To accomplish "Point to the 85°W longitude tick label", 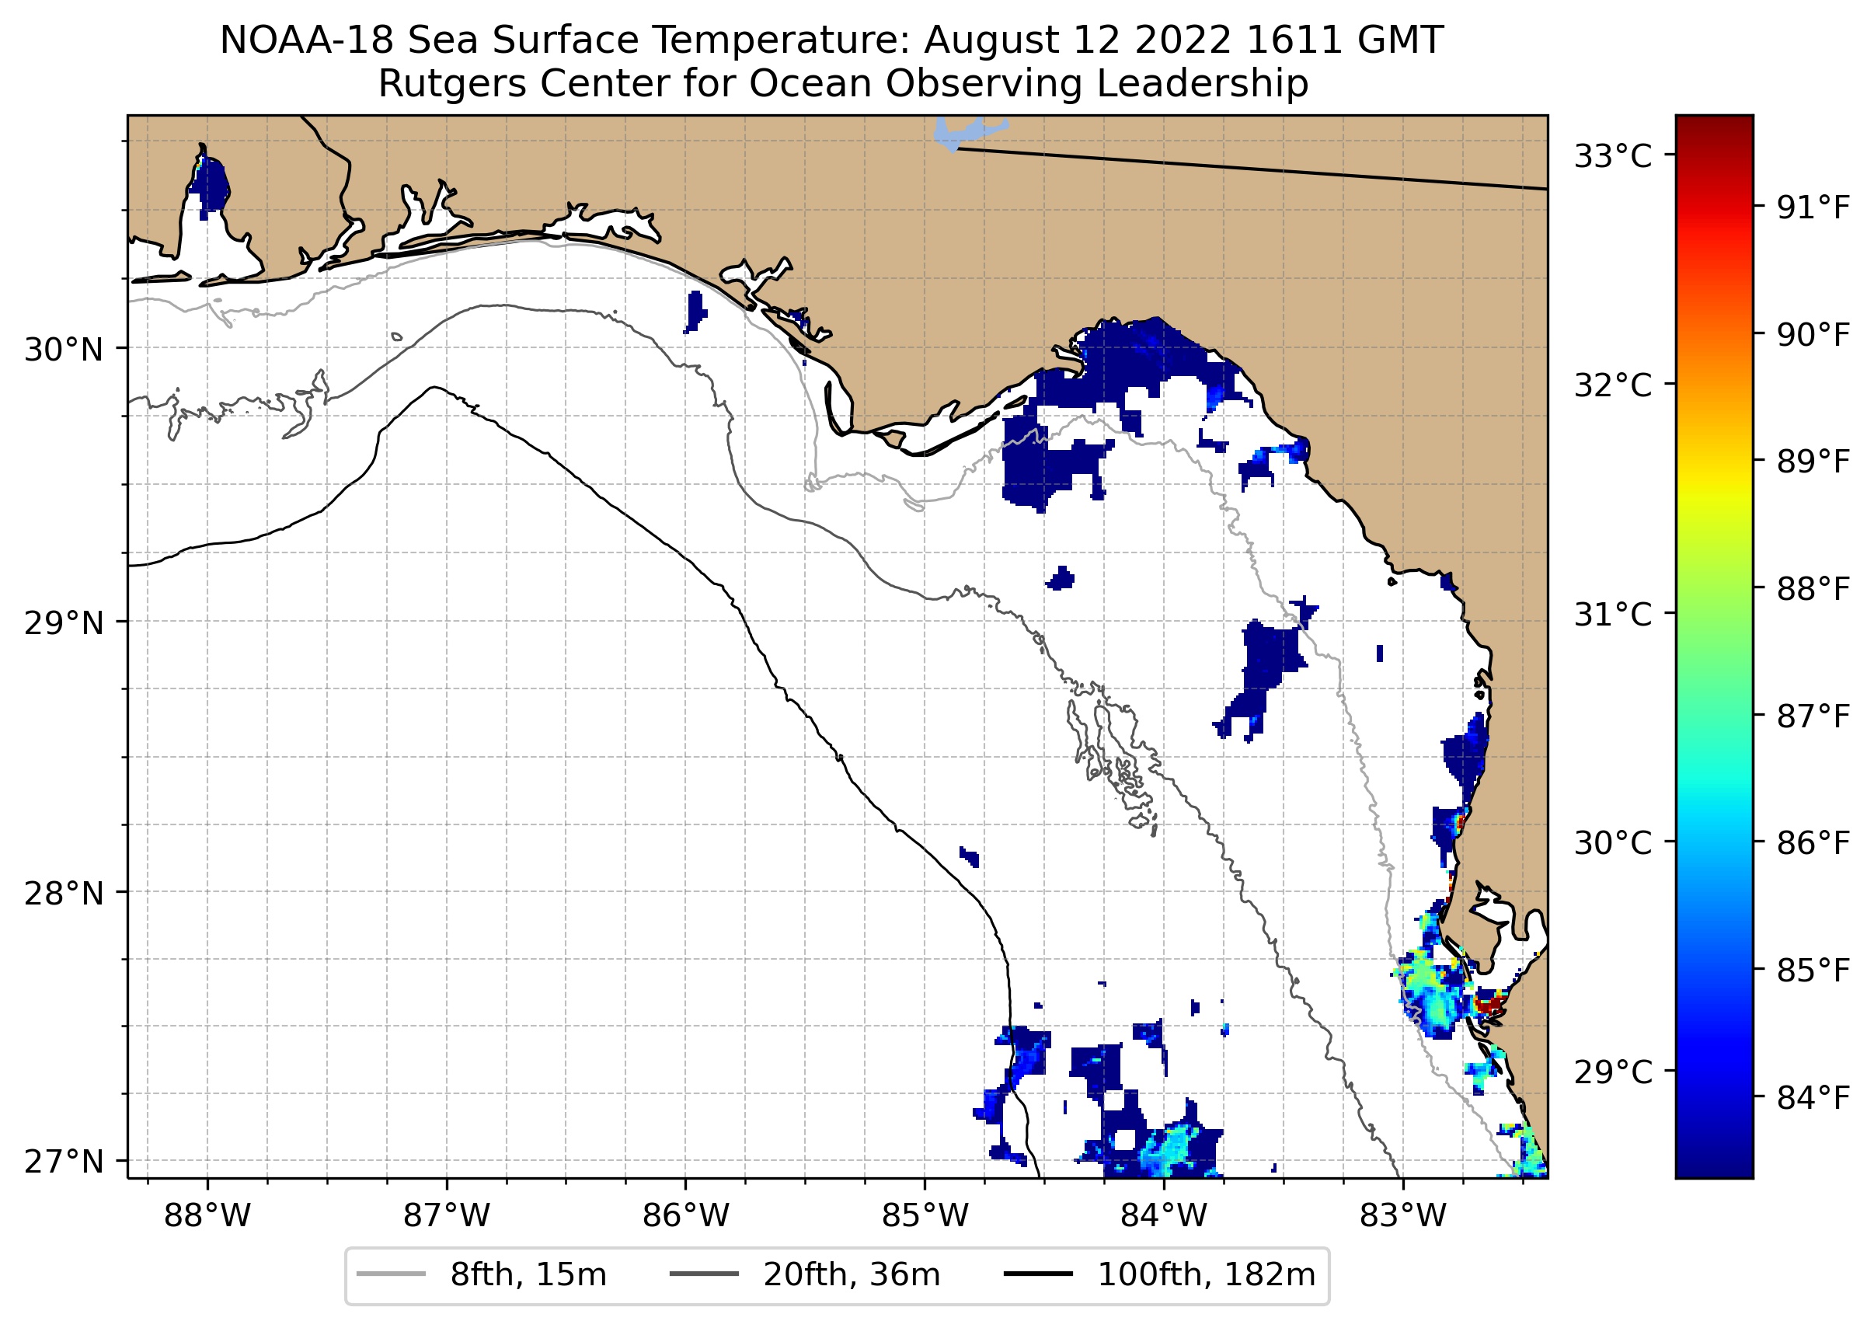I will [925, 1216].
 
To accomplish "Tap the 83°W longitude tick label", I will [1403, 1216].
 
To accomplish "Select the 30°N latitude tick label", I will [64, 350].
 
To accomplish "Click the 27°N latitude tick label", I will [64, 1161].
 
